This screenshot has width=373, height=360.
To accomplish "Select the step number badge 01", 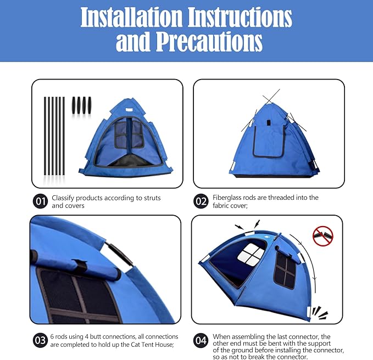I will point(40,202).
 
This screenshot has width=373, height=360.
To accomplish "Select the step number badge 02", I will point(201,201).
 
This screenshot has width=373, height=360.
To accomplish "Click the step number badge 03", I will point(40,340).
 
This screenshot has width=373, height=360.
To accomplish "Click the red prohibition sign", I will point(322,236).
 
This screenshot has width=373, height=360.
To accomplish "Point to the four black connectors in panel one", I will point(82,105).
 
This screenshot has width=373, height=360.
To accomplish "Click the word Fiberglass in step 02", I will point(229,198).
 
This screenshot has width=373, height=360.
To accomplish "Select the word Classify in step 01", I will point(65,198).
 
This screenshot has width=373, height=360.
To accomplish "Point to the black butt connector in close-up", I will point(119,255).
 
